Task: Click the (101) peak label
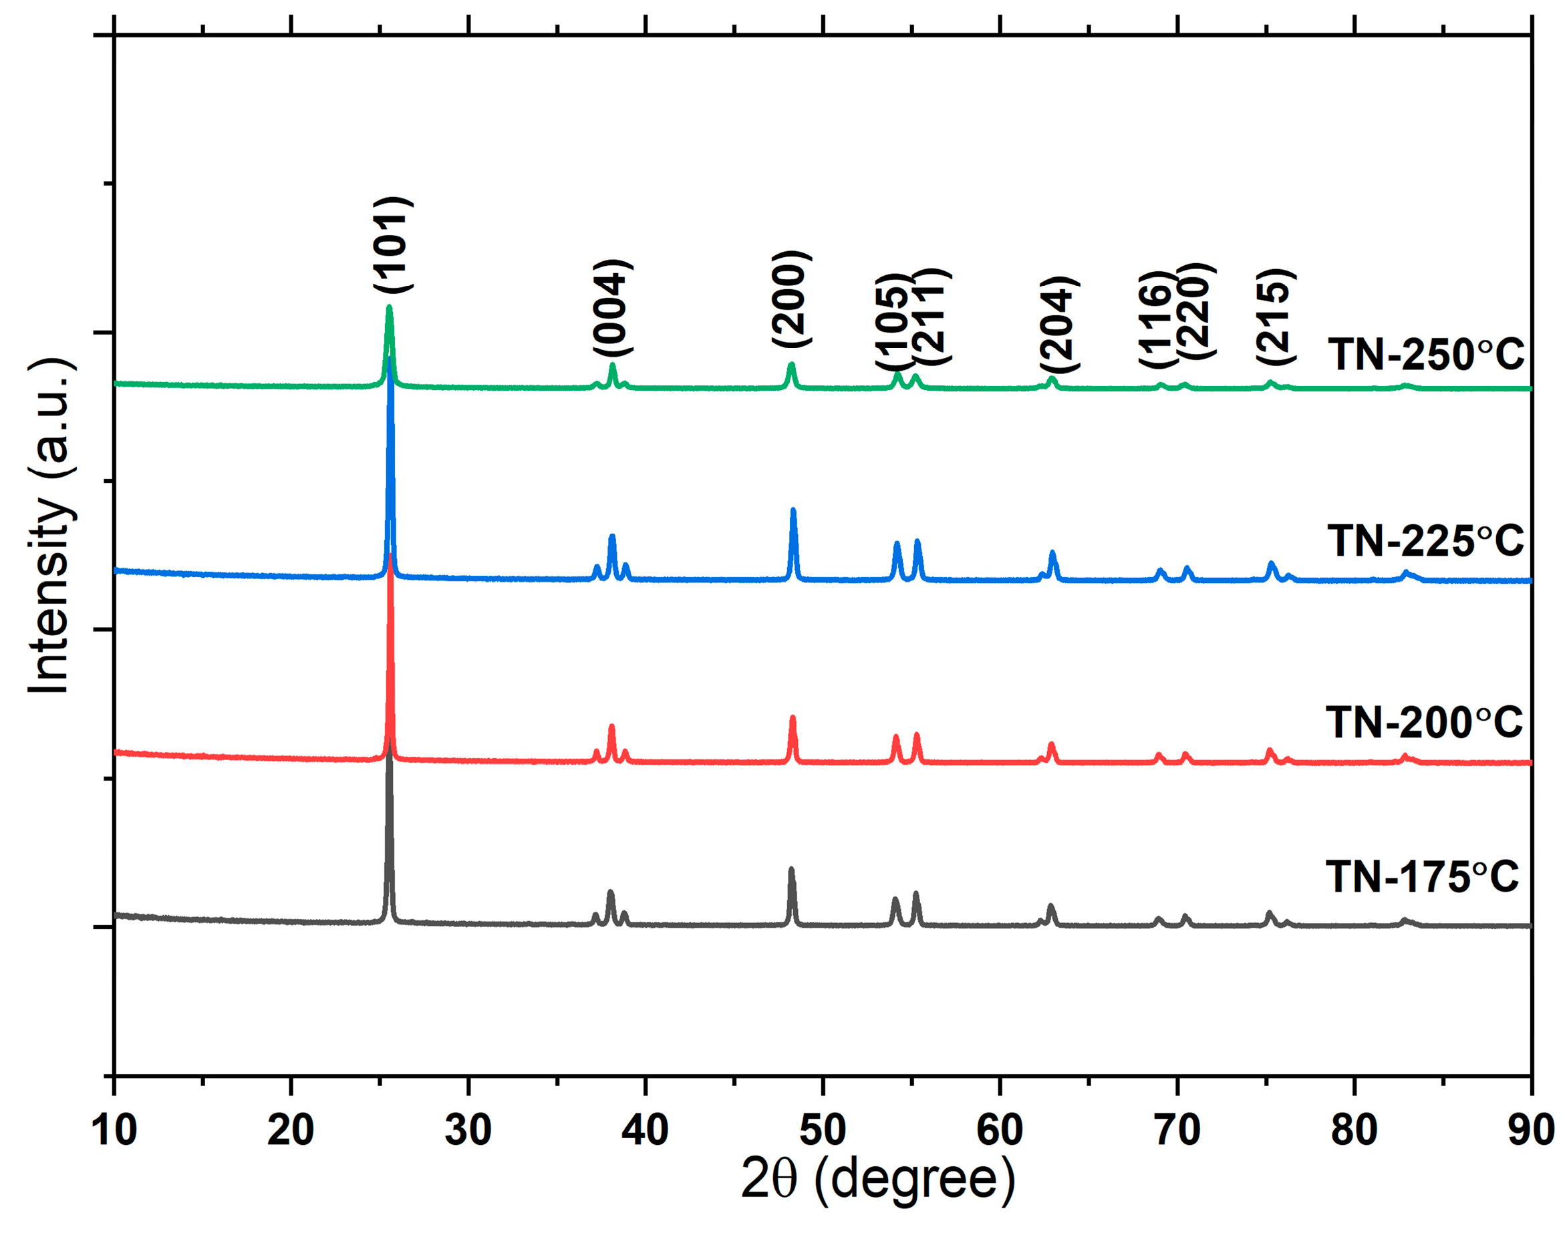(x=392, y=244)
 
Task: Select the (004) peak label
(x=612, y=307)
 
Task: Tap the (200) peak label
(x=790, y=299)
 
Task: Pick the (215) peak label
(x=1276, y=317)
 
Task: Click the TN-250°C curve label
(x=1426, y=355)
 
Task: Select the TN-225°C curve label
(x=1426, y=541)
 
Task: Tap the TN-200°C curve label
(x=1424, y=723)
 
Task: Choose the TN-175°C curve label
(x=1422, y=877)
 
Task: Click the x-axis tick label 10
(x=114, y=1130)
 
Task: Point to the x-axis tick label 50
(x=823, y=1130)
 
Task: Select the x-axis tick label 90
(x=1531, y=1130)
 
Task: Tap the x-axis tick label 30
(x=468, y=1130)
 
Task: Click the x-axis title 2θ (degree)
(x=877, y=1180)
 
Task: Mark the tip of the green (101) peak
(x=389, y=307)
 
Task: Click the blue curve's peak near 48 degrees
(x=793, y=510)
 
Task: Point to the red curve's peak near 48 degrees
(x=793, y=717)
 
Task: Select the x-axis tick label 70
(x=1177, y=1130)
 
